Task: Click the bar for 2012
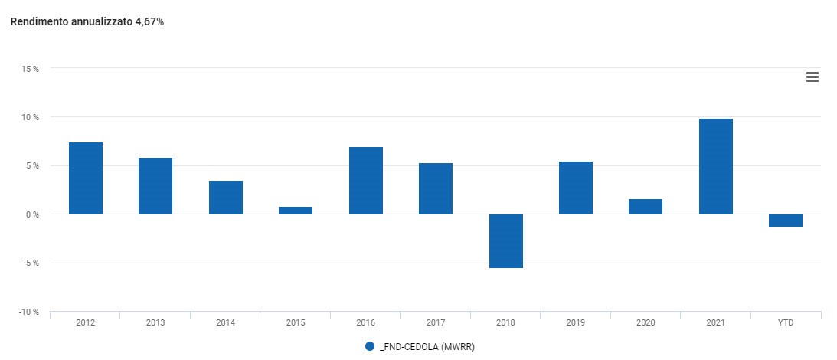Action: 86,178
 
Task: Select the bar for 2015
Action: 296,211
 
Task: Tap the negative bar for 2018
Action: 506,241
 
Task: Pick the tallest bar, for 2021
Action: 716,166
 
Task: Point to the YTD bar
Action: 786,221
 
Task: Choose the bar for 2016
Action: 366,181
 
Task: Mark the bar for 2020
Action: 646,207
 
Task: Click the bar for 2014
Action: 226,198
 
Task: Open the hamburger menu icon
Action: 812,77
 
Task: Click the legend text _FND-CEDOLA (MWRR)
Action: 427,347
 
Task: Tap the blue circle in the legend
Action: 370,347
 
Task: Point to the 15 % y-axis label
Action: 31,69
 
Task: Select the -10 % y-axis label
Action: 29,312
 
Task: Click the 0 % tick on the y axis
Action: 32,214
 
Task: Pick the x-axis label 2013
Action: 155,323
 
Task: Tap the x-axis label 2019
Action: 576,323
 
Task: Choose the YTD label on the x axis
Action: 786,323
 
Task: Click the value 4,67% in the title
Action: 149,22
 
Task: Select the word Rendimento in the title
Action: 36,22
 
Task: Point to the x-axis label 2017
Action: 436,323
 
